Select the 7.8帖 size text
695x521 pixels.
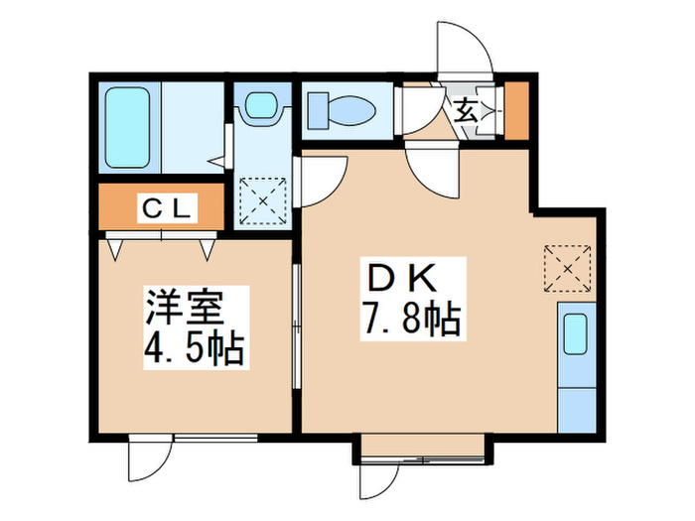[x=410, y=319]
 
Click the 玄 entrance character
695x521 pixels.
[x=465, y=110]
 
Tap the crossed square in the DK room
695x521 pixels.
[x=567, y=267]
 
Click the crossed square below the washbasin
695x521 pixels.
[x=263, y=200]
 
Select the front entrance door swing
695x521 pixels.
[x=463, y=52]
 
